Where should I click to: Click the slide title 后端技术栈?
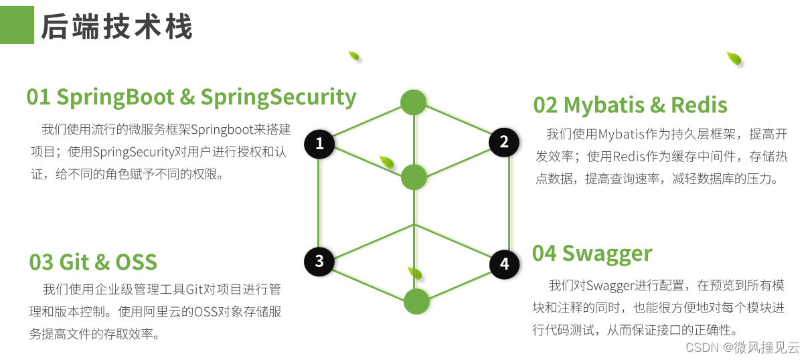116,27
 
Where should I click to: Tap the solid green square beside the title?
17,25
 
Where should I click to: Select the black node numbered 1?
319,143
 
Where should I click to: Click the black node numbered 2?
504,141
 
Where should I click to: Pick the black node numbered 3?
319,260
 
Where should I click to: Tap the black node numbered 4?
504,264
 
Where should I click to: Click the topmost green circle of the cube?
414,102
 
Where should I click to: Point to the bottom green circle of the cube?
416,302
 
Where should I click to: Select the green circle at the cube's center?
414,177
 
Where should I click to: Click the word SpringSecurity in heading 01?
278,97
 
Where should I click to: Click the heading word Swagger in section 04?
606,254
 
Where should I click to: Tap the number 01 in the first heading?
38,97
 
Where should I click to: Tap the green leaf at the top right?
734,59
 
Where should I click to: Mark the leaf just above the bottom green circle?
415,272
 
